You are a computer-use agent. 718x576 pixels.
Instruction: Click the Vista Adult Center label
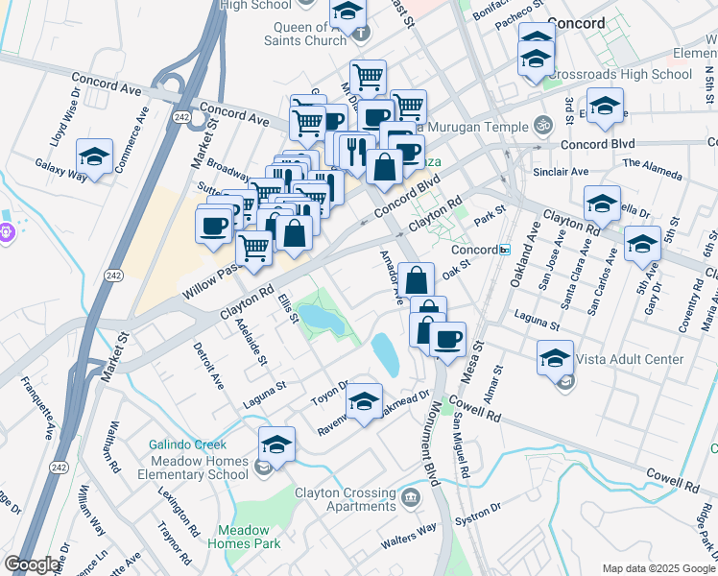click(631, 360)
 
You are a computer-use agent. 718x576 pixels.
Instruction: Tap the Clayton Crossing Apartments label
click(346, 499)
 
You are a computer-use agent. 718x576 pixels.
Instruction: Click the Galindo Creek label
click(187, 444)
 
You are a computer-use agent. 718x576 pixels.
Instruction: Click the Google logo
click(33, 564)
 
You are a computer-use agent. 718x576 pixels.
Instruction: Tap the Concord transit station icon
click(504, 250)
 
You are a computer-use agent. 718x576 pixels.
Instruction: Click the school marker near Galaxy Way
click(95, 156)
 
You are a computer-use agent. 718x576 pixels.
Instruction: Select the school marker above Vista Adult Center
click(555, 357)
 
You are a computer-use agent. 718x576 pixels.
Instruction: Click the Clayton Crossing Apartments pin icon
click(412, 497)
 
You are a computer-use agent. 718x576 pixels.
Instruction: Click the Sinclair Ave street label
click(561, 172)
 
